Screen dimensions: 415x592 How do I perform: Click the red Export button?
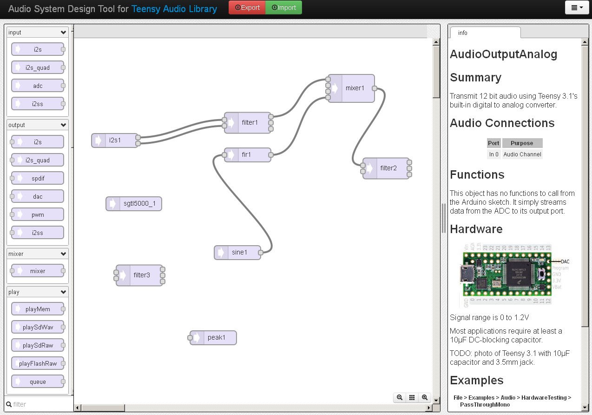click(x=247, y=7)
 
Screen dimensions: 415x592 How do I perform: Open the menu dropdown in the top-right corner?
click(x=577, y=7)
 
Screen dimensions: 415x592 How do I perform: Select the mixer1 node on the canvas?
click(x=355, y=88)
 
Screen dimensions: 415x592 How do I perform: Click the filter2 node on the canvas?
click(x=388, y=168)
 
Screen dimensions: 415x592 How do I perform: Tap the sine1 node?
click(x=239, y=253)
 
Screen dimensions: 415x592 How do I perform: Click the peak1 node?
click(x=216, y=337)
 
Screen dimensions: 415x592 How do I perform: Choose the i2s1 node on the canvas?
click(x=115, y=140)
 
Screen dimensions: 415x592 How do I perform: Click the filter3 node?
click(x=141, y=275)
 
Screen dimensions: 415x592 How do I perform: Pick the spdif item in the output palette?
click(x=38, y=178)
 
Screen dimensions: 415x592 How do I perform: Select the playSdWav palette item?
click(x=38, y=327)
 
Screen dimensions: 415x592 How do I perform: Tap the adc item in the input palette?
click(x=38, y=86)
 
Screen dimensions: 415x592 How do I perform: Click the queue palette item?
click(x=38, y=382)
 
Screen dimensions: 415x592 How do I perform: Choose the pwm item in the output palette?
click(x=38, y=214)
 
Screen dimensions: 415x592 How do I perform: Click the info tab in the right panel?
click(x=463, y=33)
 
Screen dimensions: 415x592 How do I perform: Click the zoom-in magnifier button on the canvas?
click(x=425, y=397)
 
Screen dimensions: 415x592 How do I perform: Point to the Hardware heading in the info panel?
click(x=476, y=229)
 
